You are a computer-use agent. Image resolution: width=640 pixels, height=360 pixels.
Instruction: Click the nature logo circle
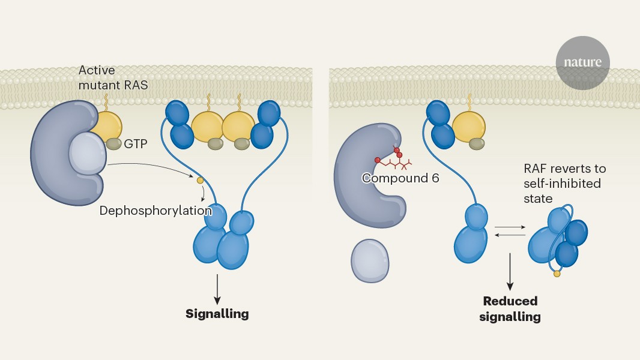click(582, 62)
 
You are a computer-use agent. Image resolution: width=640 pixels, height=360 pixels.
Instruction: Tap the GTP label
click(136, 144)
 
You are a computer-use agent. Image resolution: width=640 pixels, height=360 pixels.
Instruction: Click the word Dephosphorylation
click(155, 211)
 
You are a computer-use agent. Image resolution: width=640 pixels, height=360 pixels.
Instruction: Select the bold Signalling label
click(217, 313)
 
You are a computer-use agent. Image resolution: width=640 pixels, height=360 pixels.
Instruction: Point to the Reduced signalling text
click(510, 308)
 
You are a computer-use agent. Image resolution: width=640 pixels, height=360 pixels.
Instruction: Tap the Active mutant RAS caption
click(113, 78)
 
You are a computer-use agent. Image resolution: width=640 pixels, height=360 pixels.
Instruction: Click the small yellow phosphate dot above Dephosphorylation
click(200, 179)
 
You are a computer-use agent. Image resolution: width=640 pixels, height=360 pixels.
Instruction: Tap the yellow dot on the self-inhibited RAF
click(557, 274)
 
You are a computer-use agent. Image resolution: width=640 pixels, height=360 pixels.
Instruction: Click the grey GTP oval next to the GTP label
click(113, 144)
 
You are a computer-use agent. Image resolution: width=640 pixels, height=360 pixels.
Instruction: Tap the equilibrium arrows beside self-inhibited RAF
click(509, 231)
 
